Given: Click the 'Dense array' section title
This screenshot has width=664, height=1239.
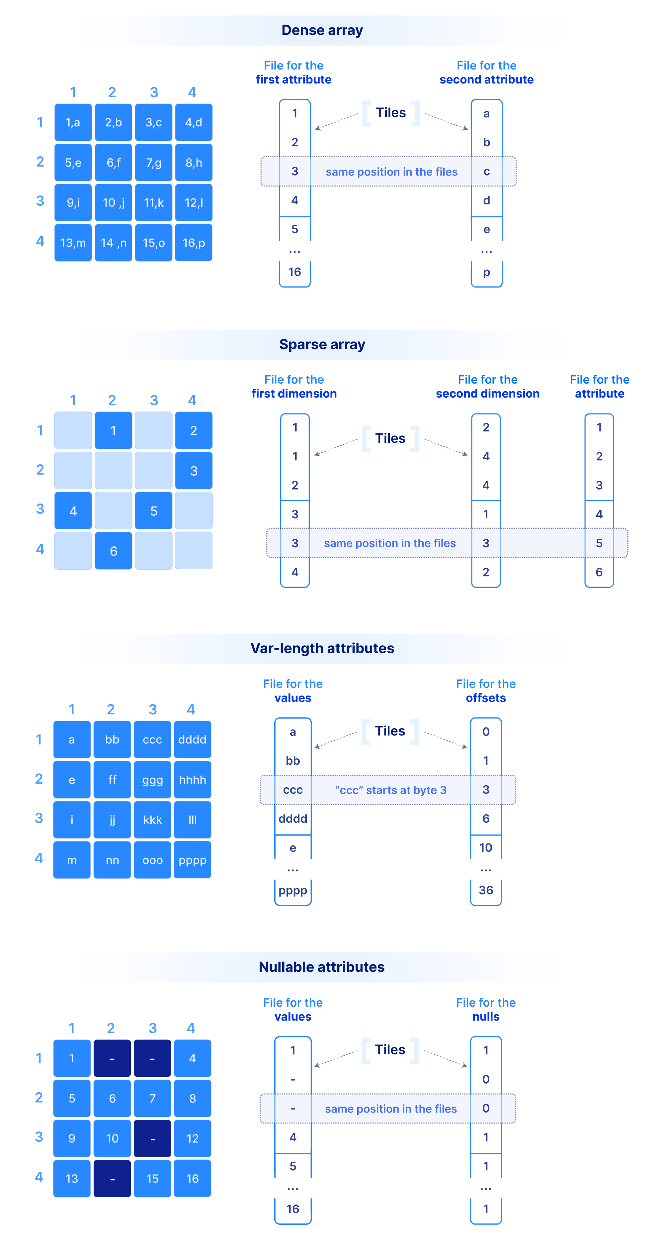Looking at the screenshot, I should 322,30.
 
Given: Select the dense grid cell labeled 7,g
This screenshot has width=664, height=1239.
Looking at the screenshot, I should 153,163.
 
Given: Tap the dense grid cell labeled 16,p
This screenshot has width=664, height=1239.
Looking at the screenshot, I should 194,243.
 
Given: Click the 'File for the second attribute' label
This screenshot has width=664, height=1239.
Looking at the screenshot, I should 486,73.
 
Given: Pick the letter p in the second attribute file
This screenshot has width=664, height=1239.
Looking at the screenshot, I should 486,272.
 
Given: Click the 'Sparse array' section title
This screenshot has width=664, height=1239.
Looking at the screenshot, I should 322,345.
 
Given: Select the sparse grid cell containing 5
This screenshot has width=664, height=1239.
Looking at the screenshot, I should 153,511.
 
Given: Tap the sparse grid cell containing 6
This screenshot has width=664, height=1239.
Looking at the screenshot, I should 114,551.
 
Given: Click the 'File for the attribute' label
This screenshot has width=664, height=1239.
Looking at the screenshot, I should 599,387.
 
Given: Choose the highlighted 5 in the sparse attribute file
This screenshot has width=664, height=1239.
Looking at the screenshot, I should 599,543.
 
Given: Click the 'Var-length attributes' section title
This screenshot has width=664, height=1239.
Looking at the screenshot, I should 322,648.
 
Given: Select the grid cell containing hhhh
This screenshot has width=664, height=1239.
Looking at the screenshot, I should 193,780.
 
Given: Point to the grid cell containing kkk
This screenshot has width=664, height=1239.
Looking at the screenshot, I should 152,819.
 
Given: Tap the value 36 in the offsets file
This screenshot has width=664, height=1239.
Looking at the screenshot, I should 486,890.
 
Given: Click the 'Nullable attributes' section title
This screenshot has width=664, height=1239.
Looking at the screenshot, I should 321,967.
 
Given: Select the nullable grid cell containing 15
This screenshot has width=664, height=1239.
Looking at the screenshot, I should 152,1178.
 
